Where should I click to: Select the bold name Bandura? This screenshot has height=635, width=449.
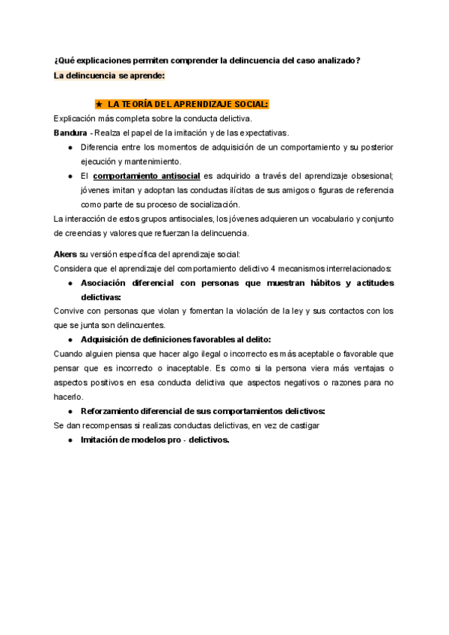point(70,133)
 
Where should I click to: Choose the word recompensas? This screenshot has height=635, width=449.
point(110,425)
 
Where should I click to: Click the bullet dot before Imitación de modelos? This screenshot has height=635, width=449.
point(70,440)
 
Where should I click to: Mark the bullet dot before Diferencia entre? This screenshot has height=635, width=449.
point(70,148)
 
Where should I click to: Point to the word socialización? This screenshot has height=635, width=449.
point(210,204)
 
